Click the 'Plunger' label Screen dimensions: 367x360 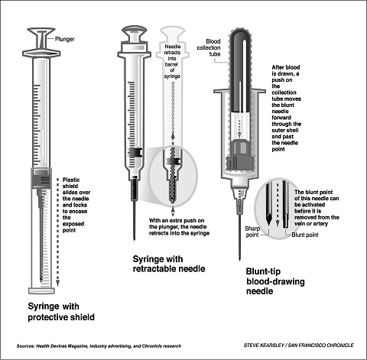pos(65,39)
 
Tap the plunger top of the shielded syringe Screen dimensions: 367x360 pos(41,31)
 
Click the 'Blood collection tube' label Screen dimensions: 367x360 pos(209,47)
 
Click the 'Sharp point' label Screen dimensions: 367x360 pos(252,232)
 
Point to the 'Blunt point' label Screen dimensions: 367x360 pos(305,235)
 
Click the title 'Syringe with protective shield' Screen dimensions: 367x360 pos(61,312)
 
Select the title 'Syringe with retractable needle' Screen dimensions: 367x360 pos(169,264)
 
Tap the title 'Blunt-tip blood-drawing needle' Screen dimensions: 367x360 pos(275,281)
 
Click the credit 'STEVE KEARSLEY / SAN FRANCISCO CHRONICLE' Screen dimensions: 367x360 pos(298,345)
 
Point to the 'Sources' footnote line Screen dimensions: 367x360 pos(99,346)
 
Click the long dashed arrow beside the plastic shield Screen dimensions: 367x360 pos(58,232)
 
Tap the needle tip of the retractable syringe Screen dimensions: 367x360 pos(135,239)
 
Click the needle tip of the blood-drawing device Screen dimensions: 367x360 pos(239,259)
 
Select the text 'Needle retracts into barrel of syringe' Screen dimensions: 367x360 pos(172,61)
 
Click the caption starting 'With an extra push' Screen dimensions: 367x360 pos(179,227)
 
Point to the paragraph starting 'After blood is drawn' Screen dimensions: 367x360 pos(286,108)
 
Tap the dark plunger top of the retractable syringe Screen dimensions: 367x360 pos(135,30)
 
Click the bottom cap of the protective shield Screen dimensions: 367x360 pos(41,290)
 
